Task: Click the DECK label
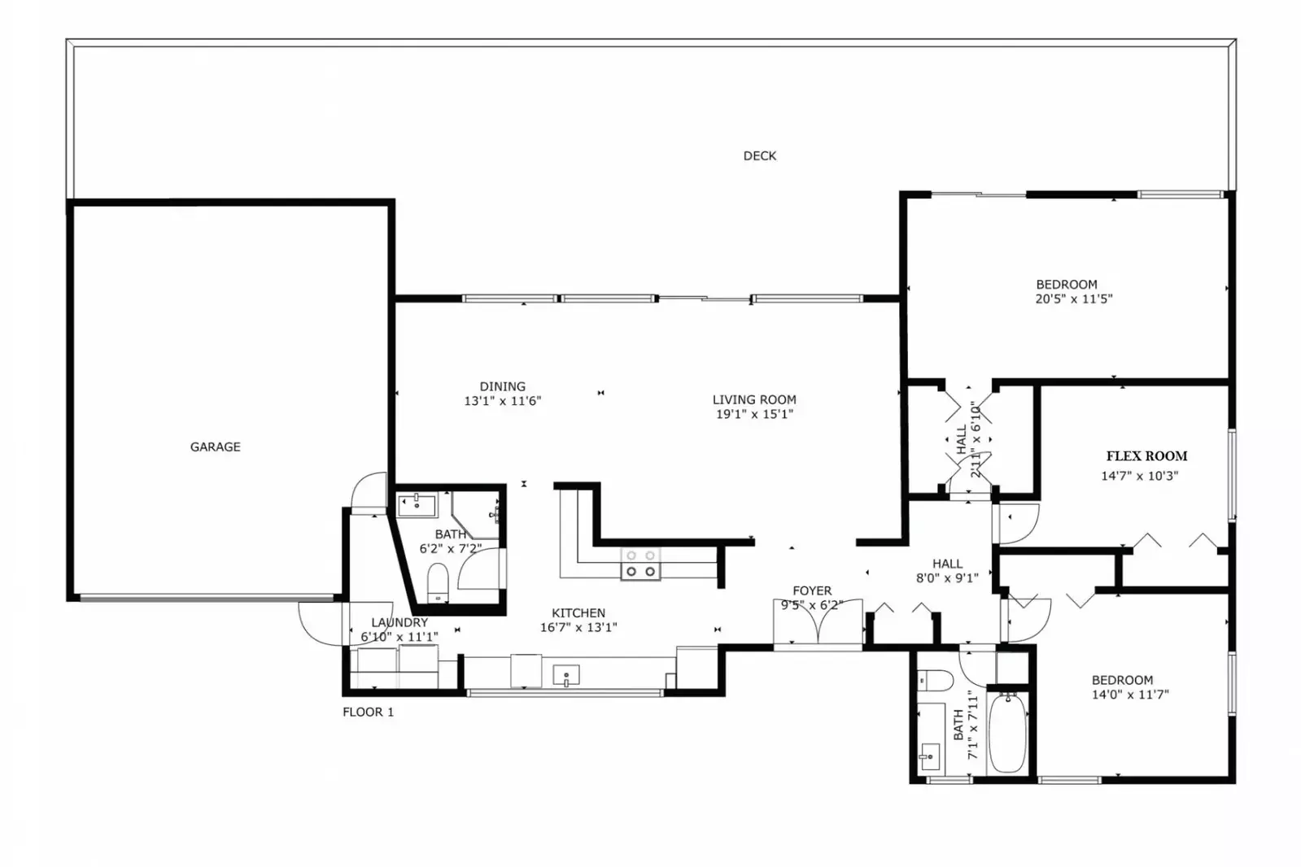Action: coord(759,155)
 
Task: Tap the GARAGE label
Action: coord(215,447)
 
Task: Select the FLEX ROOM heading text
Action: coord(1146,456)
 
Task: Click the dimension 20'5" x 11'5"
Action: coord(1073,299)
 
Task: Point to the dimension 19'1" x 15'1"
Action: coord(753,414)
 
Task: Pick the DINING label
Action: coord(502,386)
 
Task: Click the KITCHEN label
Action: coord(578,613)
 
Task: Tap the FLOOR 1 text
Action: coord(368,712)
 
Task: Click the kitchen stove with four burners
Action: coord(640,564)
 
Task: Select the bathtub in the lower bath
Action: coord(1007,733)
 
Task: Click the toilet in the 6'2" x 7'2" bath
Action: coord(438,580)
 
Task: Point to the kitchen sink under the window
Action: coord(565,675)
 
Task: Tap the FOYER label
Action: coord(812,591)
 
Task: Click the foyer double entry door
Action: coord(817,624)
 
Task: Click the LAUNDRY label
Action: coord(399,622)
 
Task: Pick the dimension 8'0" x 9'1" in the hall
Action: coord(946,578)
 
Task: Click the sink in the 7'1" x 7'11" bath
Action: coord(928,757)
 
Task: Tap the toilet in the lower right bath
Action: coord(934,680)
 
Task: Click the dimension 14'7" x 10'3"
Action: coord(1138,476)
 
